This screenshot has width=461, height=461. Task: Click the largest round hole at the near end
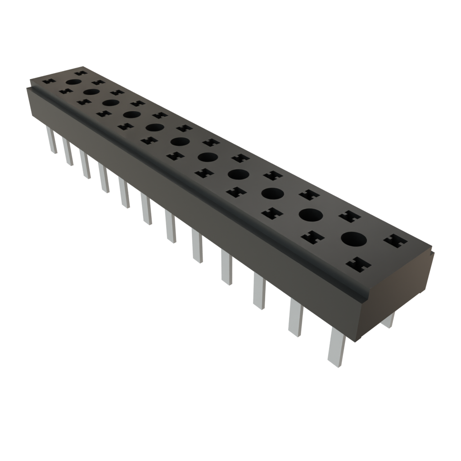pos(354,239)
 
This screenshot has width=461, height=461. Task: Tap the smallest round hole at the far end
pos(74,82)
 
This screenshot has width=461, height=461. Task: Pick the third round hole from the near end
pos(272,193)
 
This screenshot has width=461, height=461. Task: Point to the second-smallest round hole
pos(91,92)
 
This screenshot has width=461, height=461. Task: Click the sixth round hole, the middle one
pos(180,142)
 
